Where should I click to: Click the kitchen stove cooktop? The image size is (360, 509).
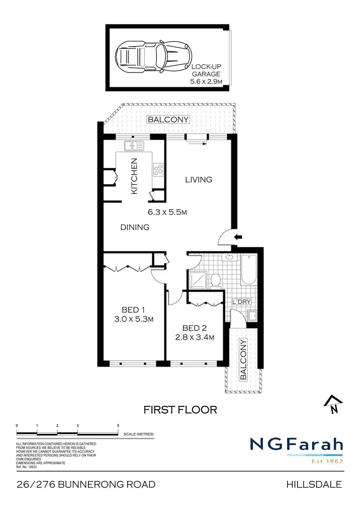coord(157,169)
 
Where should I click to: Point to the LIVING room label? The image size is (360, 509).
coord(199,180)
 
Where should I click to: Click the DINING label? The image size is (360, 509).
coord(135,227)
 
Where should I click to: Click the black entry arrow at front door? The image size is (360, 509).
coord(239,237)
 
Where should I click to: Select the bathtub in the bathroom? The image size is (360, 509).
coord(249,270)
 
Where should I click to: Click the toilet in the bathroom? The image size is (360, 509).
coord(216,279)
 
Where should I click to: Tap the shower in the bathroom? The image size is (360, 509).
coord(197,280)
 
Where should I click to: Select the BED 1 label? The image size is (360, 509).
coord(133,309)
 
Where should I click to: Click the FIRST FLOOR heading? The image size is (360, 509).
coord(181,410)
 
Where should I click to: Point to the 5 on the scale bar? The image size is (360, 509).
coord(118,426)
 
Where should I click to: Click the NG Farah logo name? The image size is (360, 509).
coord(296,445)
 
